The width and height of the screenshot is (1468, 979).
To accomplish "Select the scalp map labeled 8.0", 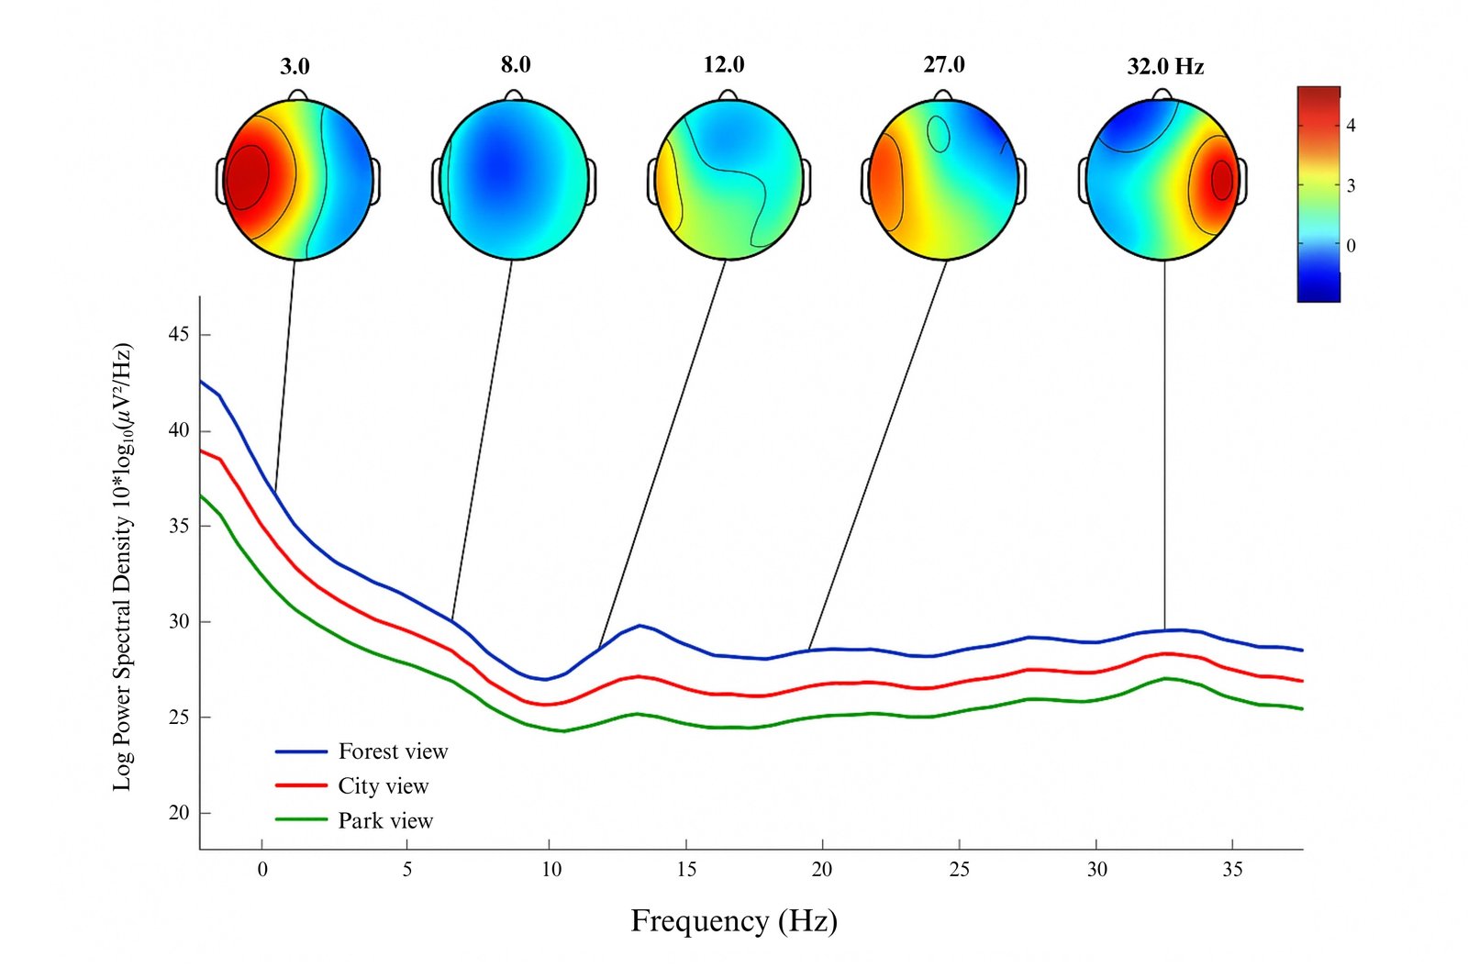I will (514, 180).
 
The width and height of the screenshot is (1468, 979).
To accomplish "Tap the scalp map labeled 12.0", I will (729, 180).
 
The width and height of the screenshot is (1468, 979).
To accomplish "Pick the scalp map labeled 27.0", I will (943, 180).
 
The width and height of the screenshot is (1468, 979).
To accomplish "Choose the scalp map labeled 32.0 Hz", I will (1162, 180).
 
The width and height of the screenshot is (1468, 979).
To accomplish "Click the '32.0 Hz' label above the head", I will (1165, 66).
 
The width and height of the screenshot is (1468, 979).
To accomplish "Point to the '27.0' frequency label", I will (944, 64).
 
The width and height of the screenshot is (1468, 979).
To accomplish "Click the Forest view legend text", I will (393, 751).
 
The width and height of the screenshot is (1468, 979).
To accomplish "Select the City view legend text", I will (383, 786).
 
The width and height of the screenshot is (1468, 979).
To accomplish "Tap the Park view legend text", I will (385, 820).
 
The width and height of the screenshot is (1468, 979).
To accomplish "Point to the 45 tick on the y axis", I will (179, 335).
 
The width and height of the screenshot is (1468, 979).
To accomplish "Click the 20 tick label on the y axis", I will (179, 813).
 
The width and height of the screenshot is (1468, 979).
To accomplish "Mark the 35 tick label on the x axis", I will (1232, 870).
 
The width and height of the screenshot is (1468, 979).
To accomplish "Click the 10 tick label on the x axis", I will (550, 870).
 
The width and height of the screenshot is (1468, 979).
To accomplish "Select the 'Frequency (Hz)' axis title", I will (734, 920).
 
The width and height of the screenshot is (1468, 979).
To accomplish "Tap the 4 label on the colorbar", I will (1351, 126).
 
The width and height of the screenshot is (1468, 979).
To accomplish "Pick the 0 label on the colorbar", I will (1351, 246).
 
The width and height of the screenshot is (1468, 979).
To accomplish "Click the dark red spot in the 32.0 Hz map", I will (1221, 180).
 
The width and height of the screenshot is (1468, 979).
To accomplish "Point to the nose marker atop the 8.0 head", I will (514, 95).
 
